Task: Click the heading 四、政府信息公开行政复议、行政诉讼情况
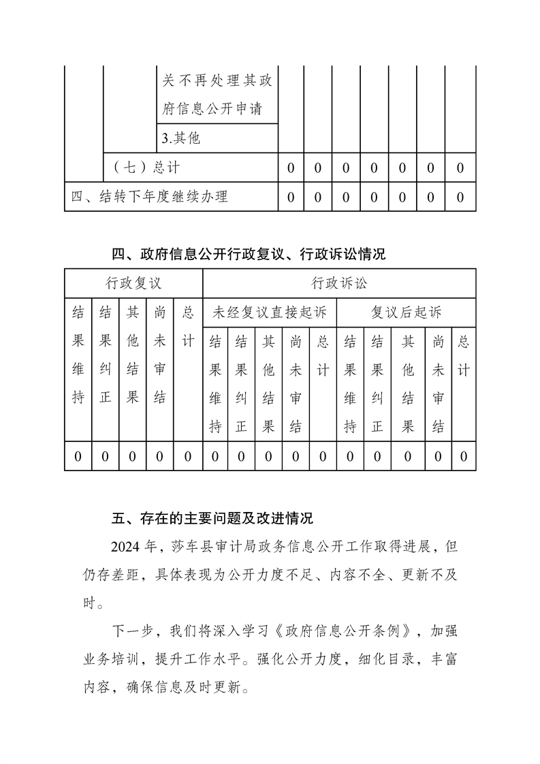tap(249, 255)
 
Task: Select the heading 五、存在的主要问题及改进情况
tap(212, 519)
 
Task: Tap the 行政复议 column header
tap(133, 283)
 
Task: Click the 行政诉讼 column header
tap(339, 283)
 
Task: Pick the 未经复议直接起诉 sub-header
tap(270, 313)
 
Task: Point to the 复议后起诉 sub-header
tap(407, 313)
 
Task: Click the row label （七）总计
tap(146, 168)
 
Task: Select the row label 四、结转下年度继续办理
tap(149, 197)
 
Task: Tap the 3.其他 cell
tap(181, 138)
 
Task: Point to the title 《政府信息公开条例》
tap(348, 630)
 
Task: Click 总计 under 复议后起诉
tap(464, 356)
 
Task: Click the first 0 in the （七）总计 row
tap(291, 168)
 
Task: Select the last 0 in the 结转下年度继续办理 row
tap(460, 197)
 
